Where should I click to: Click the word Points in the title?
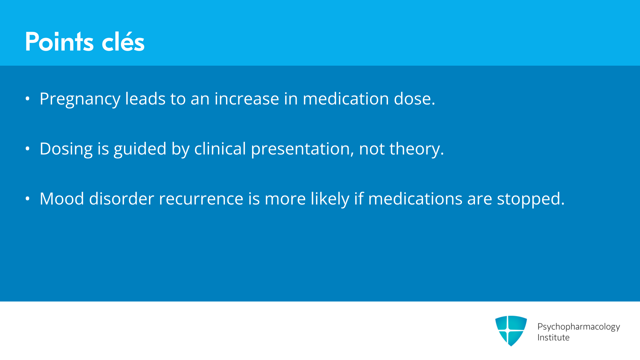click(x=59, y=42)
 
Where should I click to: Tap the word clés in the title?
click(x=123, y=42)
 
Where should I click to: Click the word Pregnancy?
click(x=80, y=99)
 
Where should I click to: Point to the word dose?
click(x=415, y=99)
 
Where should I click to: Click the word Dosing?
click(x=66, y=149)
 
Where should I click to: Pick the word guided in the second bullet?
click(x=140, y=149)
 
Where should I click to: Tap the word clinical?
click(x=220, y=149)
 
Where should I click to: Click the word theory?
click(x=417, y=149)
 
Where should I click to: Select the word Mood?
click(x=62, y=199)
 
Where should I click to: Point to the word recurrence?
click(x=201, y=199)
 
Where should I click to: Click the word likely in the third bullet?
click(x=330, y=199)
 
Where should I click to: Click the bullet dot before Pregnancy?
click(x=28, y=99)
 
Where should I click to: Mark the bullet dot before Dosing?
click(x=28, y=149)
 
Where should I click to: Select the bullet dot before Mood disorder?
click(x=28, y=199)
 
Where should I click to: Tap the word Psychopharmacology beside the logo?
click(x=579, y=327)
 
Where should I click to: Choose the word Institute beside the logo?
click(x=553, y=338)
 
